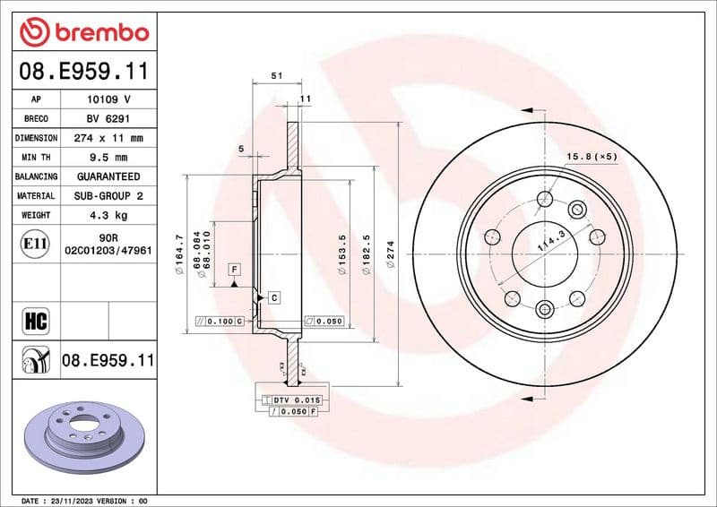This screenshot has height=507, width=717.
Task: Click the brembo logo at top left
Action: tap(83, 32)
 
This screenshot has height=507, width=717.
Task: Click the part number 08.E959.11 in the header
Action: tap(83, 70)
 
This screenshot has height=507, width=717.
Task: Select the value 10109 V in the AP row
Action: tap(108, 99)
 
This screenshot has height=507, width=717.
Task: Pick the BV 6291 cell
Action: tap(108, 119)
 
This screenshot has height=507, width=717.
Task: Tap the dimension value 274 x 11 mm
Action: tap(108, 139)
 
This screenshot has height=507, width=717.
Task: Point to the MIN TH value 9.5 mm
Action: tap(108, 158)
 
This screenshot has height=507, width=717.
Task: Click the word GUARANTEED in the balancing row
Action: tap(108, 176)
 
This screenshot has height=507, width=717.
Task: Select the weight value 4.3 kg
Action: tap(108, 215)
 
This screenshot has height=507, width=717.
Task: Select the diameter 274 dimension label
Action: tap(390, 254)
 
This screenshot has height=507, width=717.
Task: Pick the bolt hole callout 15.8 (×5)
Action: tap(592, 158)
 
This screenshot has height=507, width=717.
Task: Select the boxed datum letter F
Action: tap(233, 269)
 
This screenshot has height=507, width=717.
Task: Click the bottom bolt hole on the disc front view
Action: tap(545, 310)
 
